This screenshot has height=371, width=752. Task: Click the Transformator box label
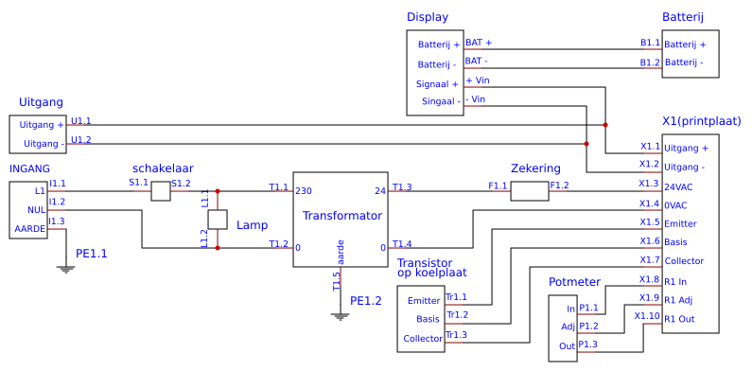(341, 216)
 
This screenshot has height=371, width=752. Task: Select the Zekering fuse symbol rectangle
(530, 191)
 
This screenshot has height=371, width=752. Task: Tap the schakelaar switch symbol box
(161, 191)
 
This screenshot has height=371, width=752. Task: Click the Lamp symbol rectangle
(218, 220)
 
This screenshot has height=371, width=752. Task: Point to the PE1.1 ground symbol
(65, 268)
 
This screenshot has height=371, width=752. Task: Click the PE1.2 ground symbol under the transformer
(341, 315)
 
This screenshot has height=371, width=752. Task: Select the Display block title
(428, 17)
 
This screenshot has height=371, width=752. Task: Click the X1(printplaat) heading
(702, 121)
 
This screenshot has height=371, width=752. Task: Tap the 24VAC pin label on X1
(680, 185)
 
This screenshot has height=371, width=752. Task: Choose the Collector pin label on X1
(683, 261)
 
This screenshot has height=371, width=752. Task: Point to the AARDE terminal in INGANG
(29, 229)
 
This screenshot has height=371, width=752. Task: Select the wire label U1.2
(81, 140)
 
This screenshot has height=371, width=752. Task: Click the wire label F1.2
(559, 185)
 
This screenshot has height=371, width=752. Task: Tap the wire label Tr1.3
(457, 334)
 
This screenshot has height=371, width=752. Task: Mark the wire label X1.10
(647, 315)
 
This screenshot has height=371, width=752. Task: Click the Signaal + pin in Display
(438, 83)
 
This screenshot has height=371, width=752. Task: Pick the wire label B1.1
(650, 43)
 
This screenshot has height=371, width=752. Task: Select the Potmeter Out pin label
(568, 345)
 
